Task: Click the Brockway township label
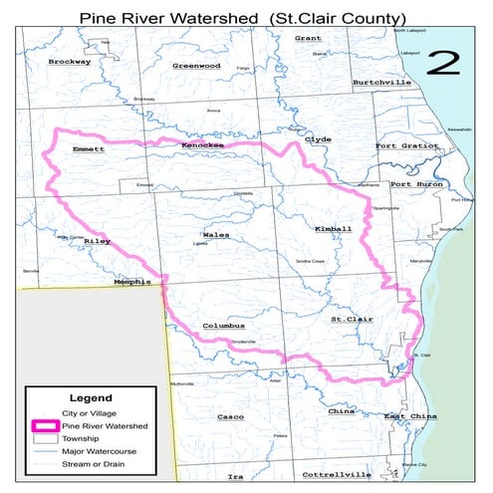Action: click(69, 61)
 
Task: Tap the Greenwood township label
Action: click(195, 66)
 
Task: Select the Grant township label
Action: click(308, 38)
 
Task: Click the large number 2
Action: click(443, 64)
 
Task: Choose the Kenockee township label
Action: click(204, 146)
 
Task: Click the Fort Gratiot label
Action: click(405, 146)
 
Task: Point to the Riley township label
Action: click(98, 242)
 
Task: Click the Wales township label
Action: click(202, 236)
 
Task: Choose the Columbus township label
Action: click(223, 326)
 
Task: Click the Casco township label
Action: click(230, 416)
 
